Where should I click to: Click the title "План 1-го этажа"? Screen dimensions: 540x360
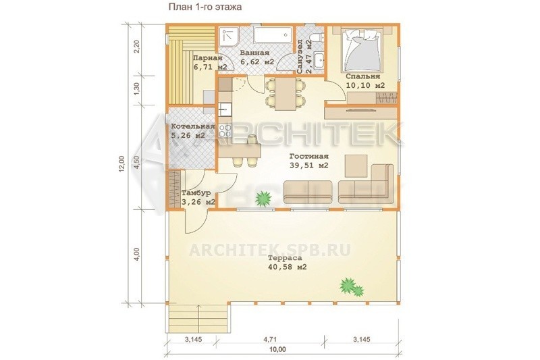click(205, 7)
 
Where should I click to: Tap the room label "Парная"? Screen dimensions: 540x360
click(208, 58)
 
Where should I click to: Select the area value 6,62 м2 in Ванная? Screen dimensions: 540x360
click(257, 62)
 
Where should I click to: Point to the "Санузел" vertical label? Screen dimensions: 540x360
click(300, 56)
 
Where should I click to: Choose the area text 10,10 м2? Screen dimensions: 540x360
click(365, 85)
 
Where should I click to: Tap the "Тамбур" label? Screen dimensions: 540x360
click(196, 193)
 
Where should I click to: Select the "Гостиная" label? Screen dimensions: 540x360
click(309, 157)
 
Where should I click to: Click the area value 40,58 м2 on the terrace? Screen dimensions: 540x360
click(288, 267)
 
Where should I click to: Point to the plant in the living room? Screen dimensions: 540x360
click(264, 198)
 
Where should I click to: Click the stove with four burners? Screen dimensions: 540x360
click(225, 131)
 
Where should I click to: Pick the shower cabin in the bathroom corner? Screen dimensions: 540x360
click(229, 36)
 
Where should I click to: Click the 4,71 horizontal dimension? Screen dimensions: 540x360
click(270, 340)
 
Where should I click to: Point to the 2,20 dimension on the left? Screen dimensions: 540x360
click(137, 47)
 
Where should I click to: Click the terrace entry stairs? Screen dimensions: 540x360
click(183, 319)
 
